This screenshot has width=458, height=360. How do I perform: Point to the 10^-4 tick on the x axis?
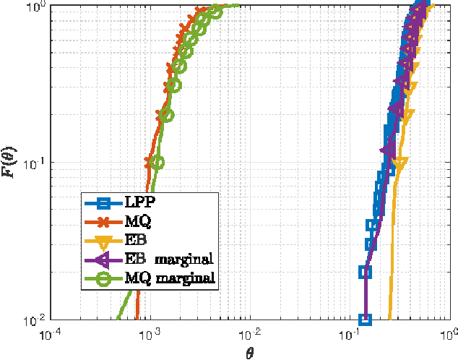pos(49,334)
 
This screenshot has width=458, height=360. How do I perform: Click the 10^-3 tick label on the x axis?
pos(150,334)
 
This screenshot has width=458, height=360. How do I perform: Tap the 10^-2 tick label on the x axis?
pos(250,334)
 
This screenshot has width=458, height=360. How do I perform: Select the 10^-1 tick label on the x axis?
pos(350,334)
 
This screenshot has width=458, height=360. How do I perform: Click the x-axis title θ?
pos(250,352)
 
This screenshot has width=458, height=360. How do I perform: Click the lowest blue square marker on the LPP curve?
pos(365,319)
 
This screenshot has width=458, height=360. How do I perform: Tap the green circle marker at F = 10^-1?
pos(157,162)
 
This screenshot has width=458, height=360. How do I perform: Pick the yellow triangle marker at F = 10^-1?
pos(399,163)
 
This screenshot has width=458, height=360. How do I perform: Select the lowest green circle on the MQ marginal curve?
pos(157,162)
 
